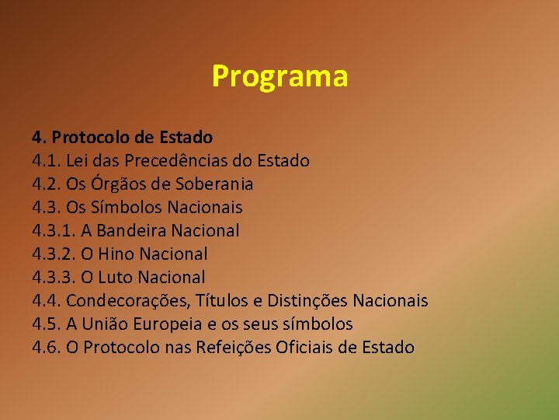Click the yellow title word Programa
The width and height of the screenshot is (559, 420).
coord(279,77)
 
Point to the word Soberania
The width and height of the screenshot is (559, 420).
coord(215,184)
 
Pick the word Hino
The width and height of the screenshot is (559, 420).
coord(115,254)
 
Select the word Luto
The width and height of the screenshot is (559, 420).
coord(113,278)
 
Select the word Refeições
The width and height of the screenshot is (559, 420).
coord(234,347)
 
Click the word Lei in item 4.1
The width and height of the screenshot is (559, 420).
coord(78,161)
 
